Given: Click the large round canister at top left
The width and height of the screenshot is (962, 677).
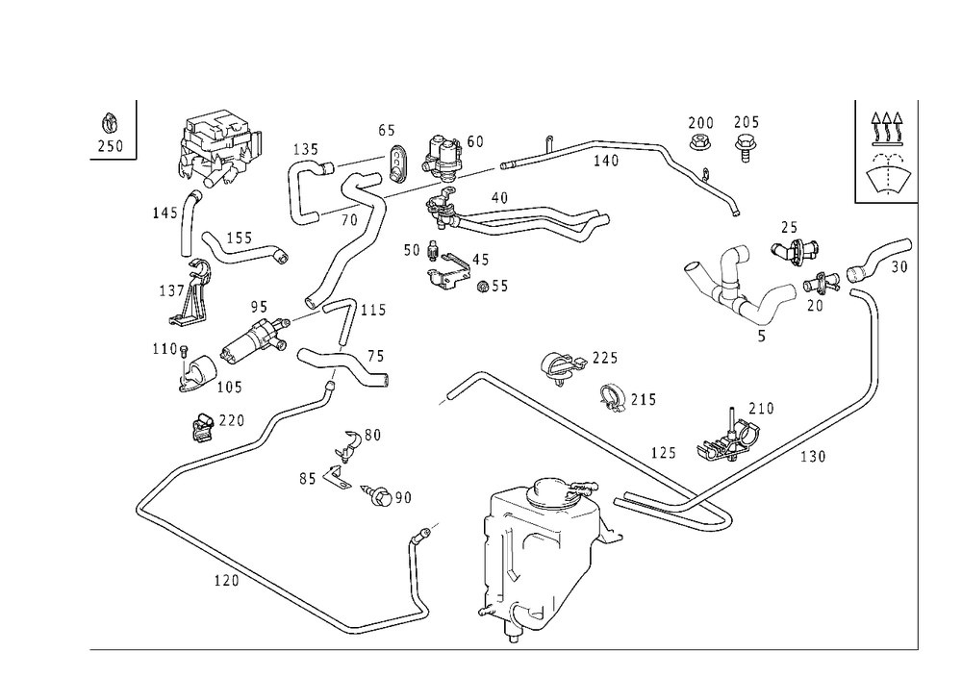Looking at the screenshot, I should point(220,147).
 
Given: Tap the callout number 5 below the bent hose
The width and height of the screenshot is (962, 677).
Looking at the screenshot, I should point(762,338).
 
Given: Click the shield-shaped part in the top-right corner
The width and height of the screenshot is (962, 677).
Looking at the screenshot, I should point(890,178).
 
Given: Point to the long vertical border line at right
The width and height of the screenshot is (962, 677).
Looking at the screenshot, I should point(915,385).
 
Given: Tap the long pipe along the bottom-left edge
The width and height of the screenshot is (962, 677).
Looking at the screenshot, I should point(240,567).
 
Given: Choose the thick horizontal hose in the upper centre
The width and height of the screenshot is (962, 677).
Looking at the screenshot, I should point(524,220).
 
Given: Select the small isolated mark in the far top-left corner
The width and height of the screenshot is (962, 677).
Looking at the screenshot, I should point(111,132).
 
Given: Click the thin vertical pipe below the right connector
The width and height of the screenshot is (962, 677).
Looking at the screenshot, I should point(876,346).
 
